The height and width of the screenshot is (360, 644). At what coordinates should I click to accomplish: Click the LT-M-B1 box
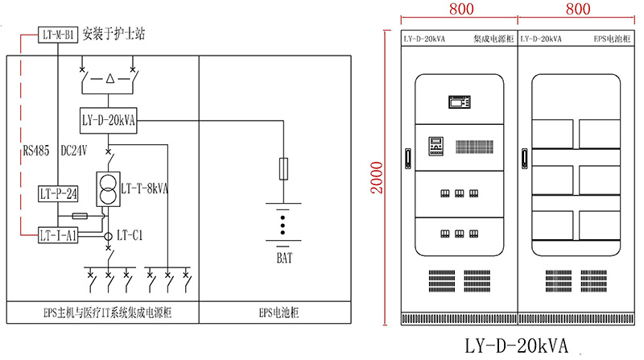pos(57,35)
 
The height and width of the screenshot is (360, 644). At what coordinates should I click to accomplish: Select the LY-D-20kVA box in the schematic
pos(109,121)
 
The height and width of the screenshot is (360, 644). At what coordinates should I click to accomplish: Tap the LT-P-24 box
pos(57,193)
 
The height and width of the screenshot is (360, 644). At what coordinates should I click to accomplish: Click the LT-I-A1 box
pos(57,234)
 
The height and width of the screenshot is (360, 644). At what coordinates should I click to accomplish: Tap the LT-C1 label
pos(130,235)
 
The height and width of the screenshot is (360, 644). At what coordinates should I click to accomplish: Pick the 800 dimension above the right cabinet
pos(579,10)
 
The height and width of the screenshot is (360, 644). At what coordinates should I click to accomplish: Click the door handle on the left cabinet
pos(407,158)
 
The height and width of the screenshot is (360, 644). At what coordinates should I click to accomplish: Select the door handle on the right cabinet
pos(524,158)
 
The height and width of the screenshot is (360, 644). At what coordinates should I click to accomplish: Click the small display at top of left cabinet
pos(458,102)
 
